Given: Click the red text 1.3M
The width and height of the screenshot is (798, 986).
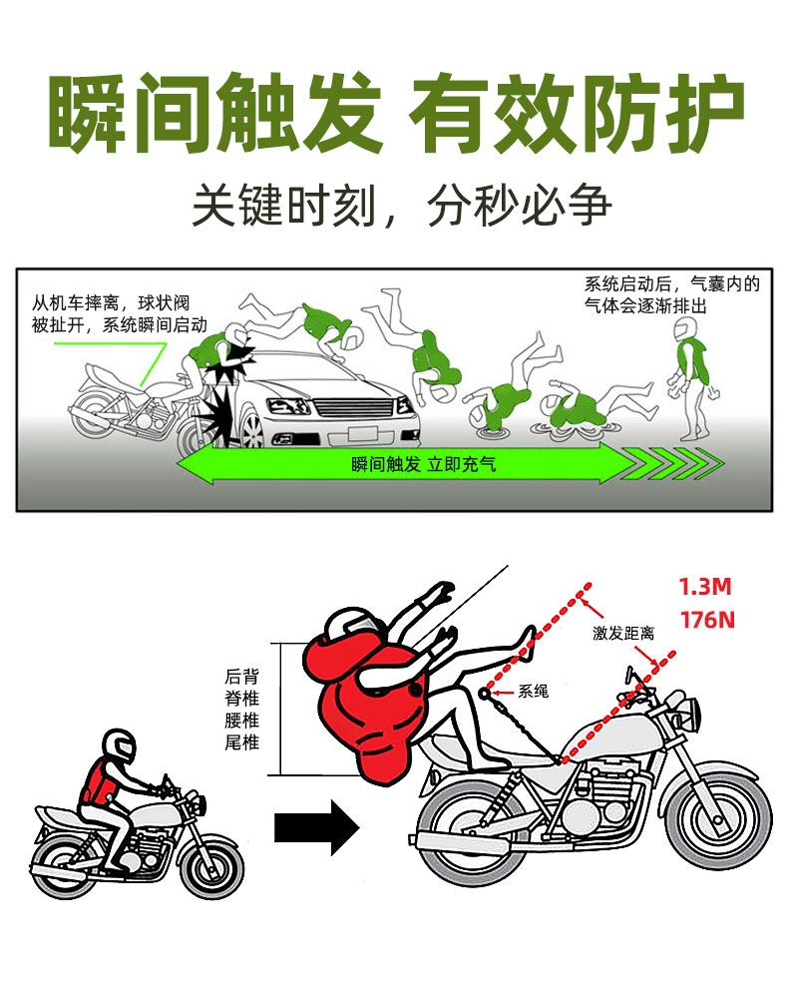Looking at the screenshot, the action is pyautogui.click(x=705, y=587).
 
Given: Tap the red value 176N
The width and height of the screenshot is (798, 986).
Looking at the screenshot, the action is pyautogui.click(x=707, y=620).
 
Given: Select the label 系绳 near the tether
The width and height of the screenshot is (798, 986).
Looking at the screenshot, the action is pyautogui.click(x=533, y=691).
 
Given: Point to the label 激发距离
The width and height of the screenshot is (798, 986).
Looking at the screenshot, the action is pyautogui.click(x=623, y=633).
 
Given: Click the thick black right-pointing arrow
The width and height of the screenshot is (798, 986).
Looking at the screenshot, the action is pyautogui.click(x=316, y=827).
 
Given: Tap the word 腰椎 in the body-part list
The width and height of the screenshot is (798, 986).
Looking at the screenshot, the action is pyautogui.click(x=242, y=720).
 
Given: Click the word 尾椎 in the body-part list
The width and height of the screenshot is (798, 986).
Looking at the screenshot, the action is pyautogui.click(x=242, y=742).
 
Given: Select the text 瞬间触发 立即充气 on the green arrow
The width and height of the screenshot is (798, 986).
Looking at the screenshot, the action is pyautogui.click(x=424, y=465).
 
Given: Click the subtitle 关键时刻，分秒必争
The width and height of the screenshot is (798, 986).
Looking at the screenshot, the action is pyautogui.click(x=402, y=205).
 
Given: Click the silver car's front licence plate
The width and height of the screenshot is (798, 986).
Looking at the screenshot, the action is pyautogui.click(x=362, y=433).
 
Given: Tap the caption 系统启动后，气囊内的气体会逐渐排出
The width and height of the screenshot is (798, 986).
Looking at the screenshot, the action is pyautogui.click(x=671, y=294).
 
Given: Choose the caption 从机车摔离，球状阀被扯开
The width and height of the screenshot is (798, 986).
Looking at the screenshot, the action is pyautogui.click(x=120, y=313).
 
